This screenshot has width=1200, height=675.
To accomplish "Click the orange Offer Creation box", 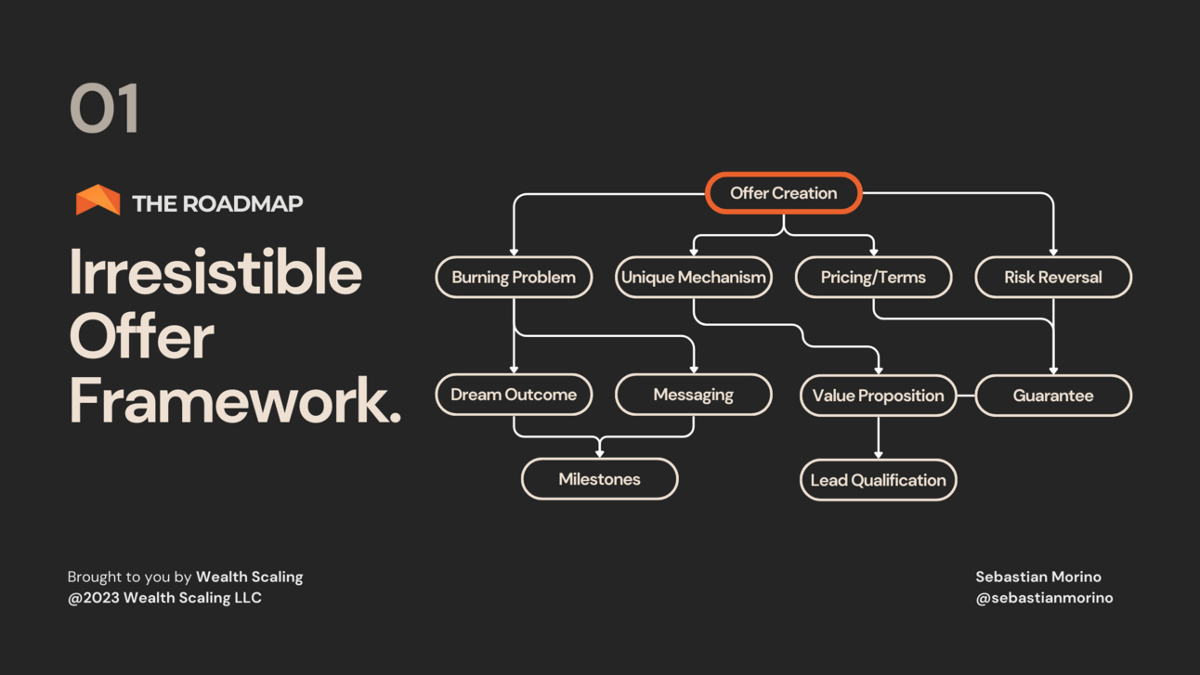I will coord(784,193).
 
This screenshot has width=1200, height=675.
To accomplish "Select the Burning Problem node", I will coord(514,277).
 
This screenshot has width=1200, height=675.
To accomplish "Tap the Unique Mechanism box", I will coord(694,277).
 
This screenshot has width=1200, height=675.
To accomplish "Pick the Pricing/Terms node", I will coord(873,277).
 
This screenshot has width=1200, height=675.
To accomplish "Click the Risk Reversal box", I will coord(1053,277).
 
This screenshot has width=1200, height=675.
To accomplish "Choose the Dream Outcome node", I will coord(514,395).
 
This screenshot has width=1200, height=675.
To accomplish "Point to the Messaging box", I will coord(694,395).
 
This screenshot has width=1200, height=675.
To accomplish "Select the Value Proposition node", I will coord(878,396).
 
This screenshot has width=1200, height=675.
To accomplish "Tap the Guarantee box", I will coord(1053,396).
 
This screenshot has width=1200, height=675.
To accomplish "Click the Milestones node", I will coord(599,479).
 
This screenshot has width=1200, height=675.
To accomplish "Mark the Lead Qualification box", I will coord(878,480).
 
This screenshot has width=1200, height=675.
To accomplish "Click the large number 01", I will coord(105,109).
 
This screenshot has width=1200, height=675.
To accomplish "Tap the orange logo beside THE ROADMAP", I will coord(98,201).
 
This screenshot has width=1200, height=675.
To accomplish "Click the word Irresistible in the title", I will coord(215,272).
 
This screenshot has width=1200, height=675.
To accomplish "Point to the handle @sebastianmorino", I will coord(1044,598).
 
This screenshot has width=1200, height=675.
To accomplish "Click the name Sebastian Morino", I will coord(1038,577).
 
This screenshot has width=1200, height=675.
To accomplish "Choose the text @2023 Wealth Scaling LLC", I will coord(164,598).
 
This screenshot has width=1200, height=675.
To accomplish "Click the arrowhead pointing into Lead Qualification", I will coord(879,454).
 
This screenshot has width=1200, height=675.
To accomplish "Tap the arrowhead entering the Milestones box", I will coord(600,453).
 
